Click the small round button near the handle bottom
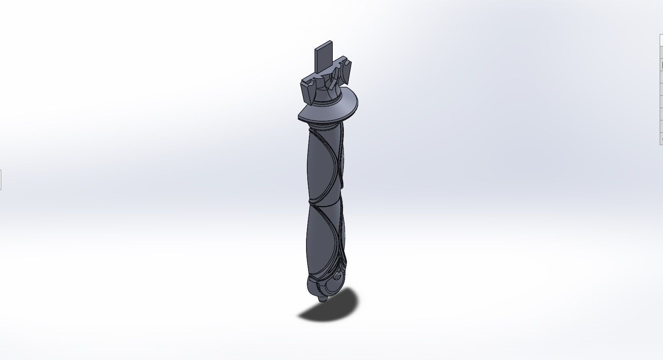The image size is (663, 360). coord(338,278)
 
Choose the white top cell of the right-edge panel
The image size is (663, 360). coord(661,41)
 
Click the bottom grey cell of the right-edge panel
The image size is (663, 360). coord(661,138)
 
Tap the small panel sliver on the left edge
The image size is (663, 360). coord(0,180)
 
